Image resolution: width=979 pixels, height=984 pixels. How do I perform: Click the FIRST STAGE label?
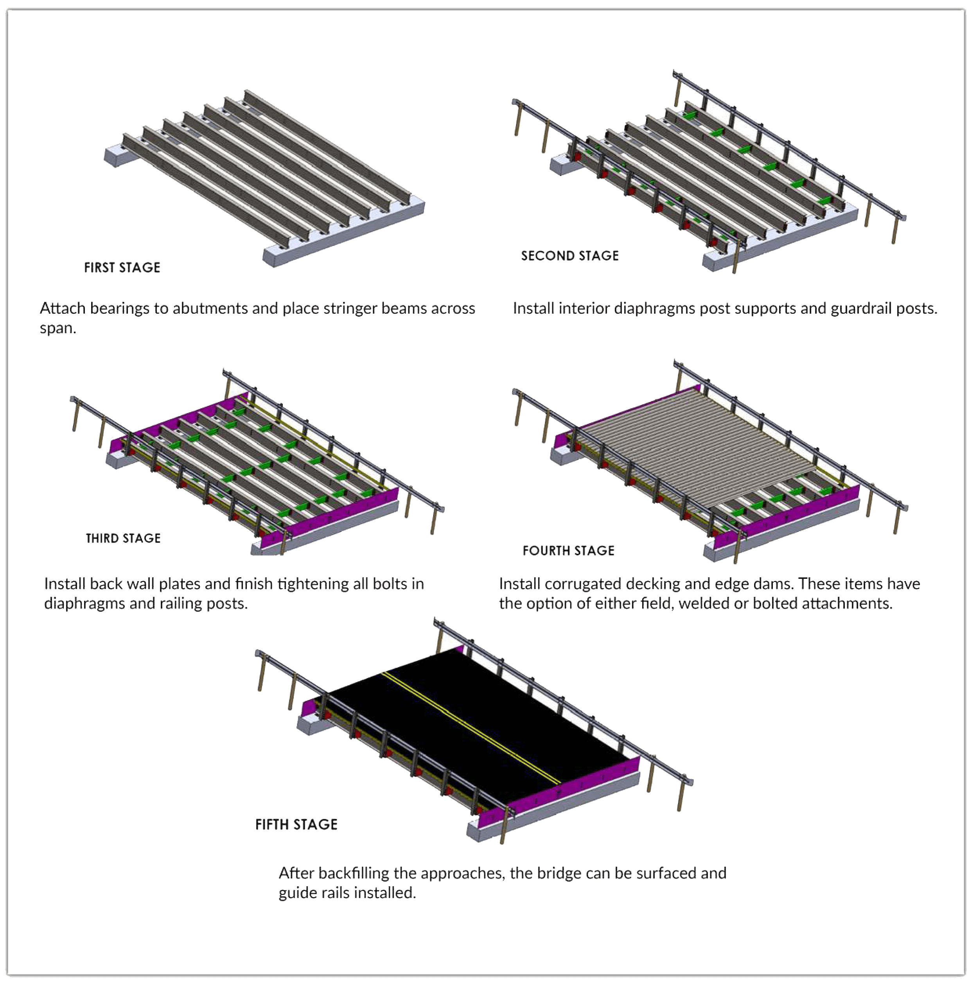coord(122,268)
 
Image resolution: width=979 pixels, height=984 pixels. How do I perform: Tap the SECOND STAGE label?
coord(569,256)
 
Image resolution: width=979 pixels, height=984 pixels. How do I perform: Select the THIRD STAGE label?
coord(123,539)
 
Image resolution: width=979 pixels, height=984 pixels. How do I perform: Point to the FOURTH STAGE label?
coord(568,551)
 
